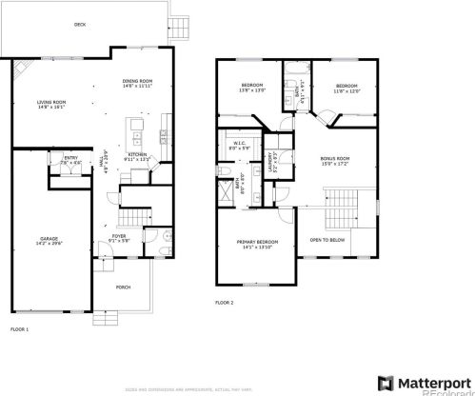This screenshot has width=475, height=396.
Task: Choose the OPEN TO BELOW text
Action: [x=327, y=239]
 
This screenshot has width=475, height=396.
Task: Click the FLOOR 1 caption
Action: [x=19, y=328]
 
